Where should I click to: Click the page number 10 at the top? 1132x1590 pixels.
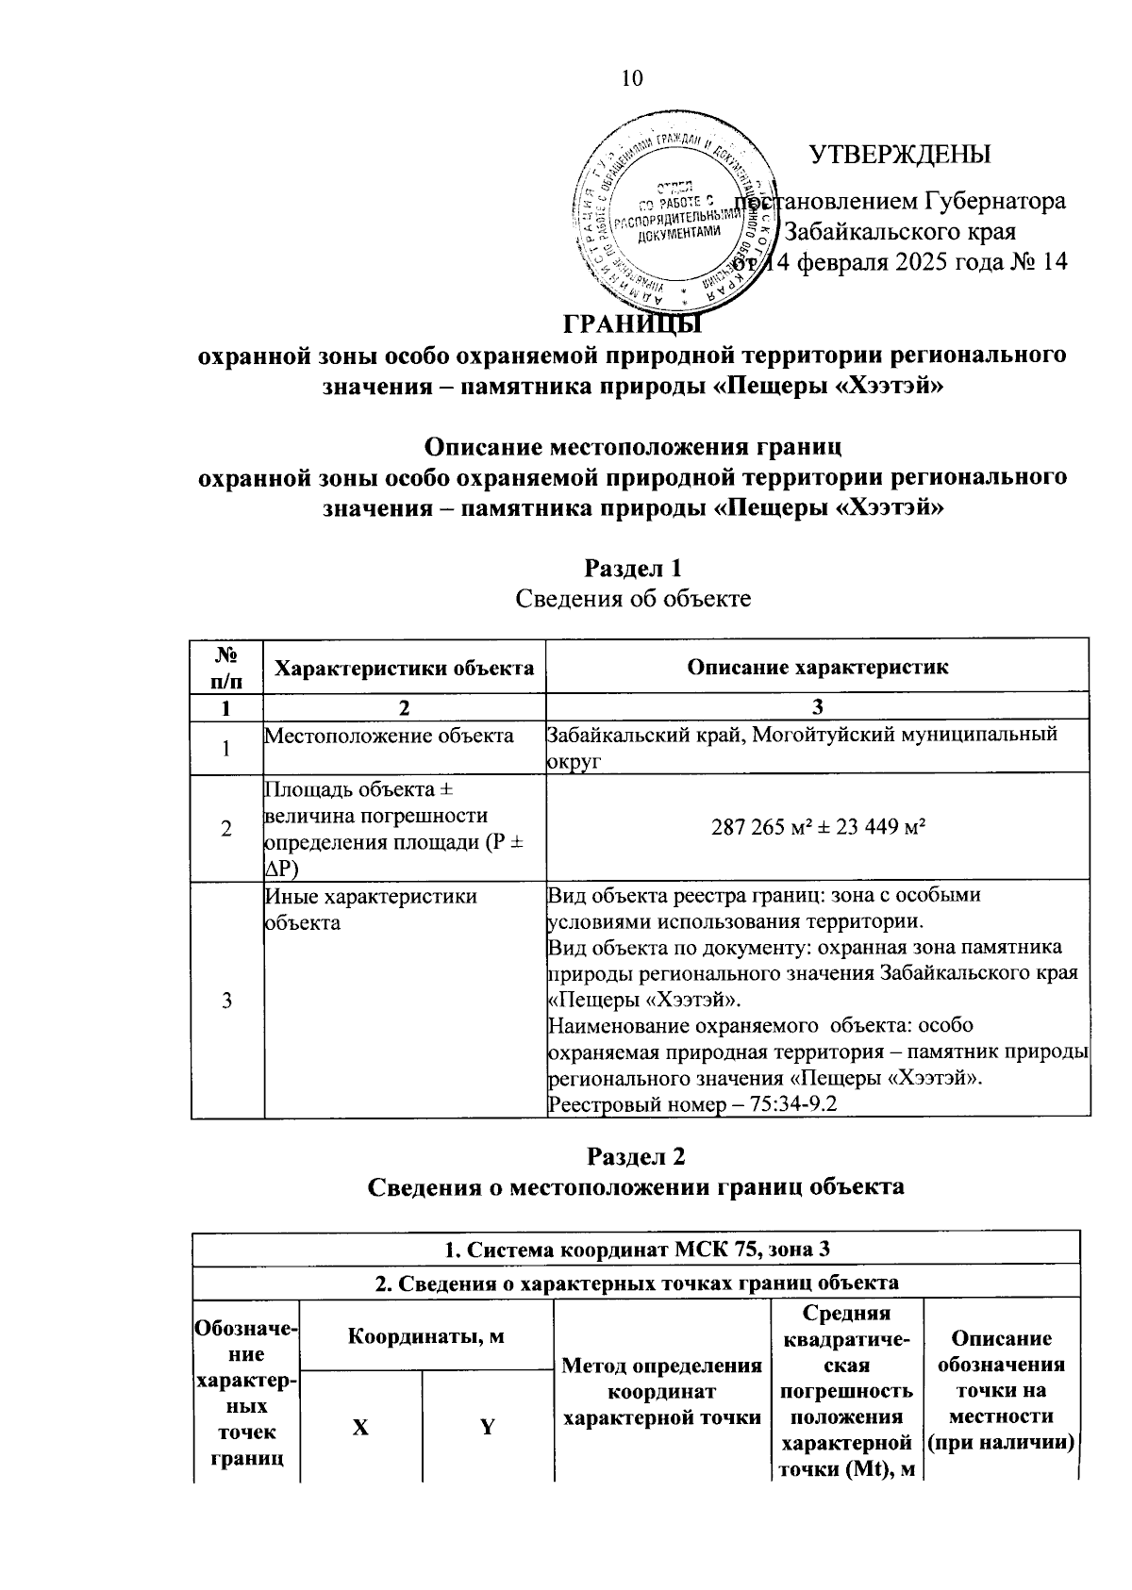tap(631, 77)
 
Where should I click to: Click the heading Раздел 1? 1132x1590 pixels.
tap(633, 569)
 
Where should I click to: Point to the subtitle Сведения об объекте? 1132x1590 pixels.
tap(633, 598)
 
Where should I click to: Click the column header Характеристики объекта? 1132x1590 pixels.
tap(405, 668)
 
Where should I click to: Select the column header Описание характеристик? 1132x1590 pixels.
tap(817, 668)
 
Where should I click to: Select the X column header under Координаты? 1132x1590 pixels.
tap(360, 1427)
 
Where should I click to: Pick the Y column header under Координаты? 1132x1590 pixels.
tap(488, 1427)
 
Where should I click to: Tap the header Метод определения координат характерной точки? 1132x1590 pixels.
tap(661, 1391)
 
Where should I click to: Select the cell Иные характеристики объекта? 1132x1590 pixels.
tap(371, 909)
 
